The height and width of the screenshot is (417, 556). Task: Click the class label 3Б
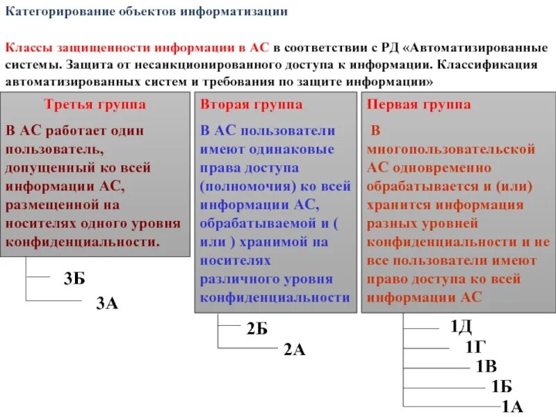coord(74,279)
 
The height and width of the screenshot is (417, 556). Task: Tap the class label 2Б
coord(257,328)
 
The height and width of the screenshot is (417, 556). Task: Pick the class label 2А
coord(294,350)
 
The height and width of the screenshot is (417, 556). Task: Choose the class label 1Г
coord(475,345)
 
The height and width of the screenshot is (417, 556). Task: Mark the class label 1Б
coord(501,386)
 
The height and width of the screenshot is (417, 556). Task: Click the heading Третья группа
coord(95,105)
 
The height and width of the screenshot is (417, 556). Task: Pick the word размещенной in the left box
coord(47,205)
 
